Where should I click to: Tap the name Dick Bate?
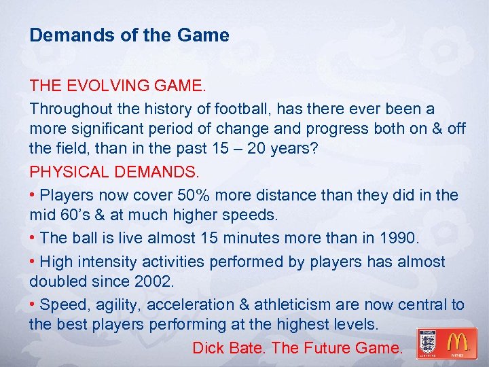point(229,348)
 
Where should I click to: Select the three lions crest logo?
point(427,343)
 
